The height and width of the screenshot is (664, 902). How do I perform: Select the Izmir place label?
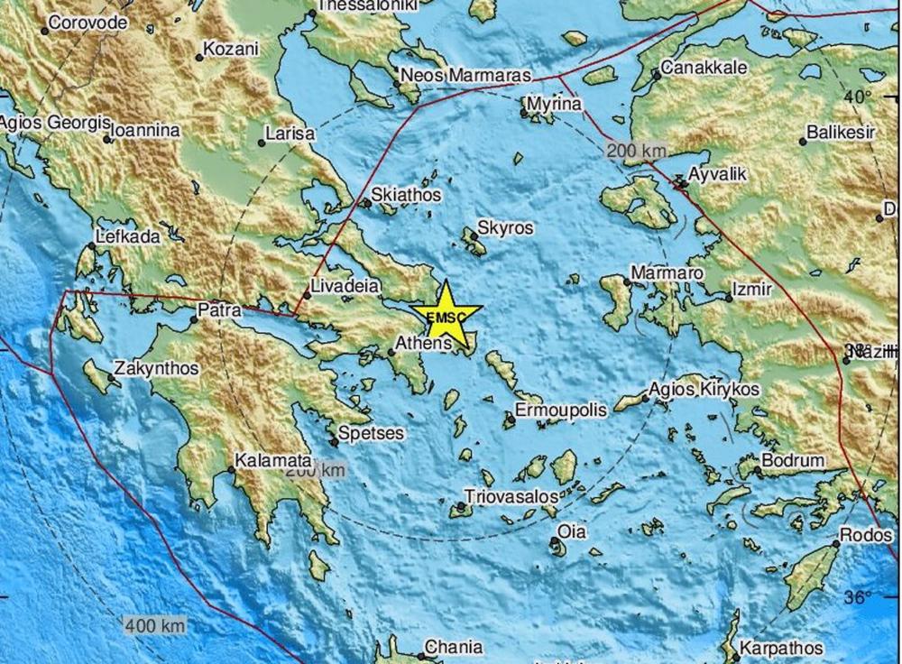tap(753, 290)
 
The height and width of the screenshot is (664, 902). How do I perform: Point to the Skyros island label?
tap(505, 228)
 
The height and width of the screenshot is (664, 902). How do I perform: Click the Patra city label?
tap(219, 310)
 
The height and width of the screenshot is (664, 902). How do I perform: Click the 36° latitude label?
tap(859, 596)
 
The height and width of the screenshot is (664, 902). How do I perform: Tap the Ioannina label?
tap(144, 131)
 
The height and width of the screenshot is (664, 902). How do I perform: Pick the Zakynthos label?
tap(156, 369)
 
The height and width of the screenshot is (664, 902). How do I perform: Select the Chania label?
tap(454, 647)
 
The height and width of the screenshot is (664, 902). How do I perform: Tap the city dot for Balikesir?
tap(803, 142)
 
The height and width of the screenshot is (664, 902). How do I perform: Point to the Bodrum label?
tap(793, 461)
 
